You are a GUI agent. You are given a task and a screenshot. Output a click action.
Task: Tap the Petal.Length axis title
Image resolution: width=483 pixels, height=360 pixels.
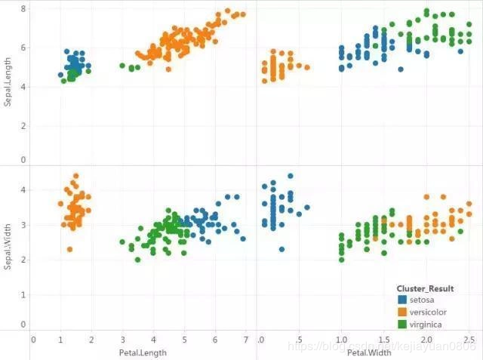coord(143,352)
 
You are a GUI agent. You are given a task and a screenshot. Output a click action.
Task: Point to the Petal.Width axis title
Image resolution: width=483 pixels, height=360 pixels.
coord(368,352)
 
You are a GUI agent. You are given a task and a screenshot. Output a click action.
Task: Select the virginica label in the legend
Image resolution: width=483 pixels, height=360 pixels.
coord(426,324)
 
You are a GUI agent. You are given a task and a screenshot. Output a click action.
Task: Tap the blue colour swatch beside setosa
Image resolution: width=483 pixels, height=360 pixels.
coord(401,300)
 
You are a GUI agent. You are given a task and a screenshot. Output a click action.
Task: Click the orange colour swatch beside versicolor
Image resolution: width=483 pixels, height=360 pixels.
coord(401,312)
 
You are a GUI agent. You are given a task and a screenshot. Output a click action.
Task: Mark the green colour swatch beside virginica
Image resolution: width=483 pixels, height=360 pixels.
coord(401,324)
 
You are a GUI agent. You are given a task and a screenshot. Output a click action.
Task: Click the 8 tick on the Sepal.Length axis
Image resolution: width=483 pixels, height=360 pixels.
coord(23,9)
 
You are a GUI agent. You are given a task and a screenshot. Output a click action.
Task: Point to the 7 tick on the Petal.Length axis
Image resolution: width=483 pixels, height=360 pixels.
coord(246,340)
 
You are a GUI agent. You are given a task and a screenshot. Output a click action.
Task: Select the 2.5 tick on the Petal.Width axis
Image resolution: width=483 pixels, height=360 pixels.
coord(469,340)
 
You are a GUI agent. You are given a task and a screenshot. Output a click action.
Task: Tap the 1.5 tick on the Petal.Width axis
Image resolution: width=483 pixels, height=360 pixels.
coord(384,340)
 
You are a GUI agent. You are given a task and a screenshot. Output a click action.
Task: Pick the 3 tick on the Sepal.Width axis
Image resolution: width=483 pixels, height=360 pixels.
coord(23,225)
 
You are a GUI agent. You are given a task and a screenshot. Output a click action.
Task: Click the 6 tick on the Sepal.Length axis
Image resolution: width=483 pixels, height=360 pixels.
coord(23,48)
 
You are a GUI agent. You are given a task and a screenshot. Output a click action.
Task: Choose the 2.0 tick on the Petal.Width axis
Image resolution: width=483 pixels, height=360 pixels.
coord(426,340)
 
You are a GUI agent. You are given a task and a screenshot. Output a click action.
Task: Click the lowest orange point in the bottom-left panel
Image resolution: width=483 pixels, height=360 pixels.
coord(69,249)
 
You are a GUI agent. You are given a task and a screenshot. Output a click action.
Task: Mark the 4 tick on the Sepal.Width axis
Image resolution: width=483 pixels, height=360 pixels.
coord(23,190)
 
